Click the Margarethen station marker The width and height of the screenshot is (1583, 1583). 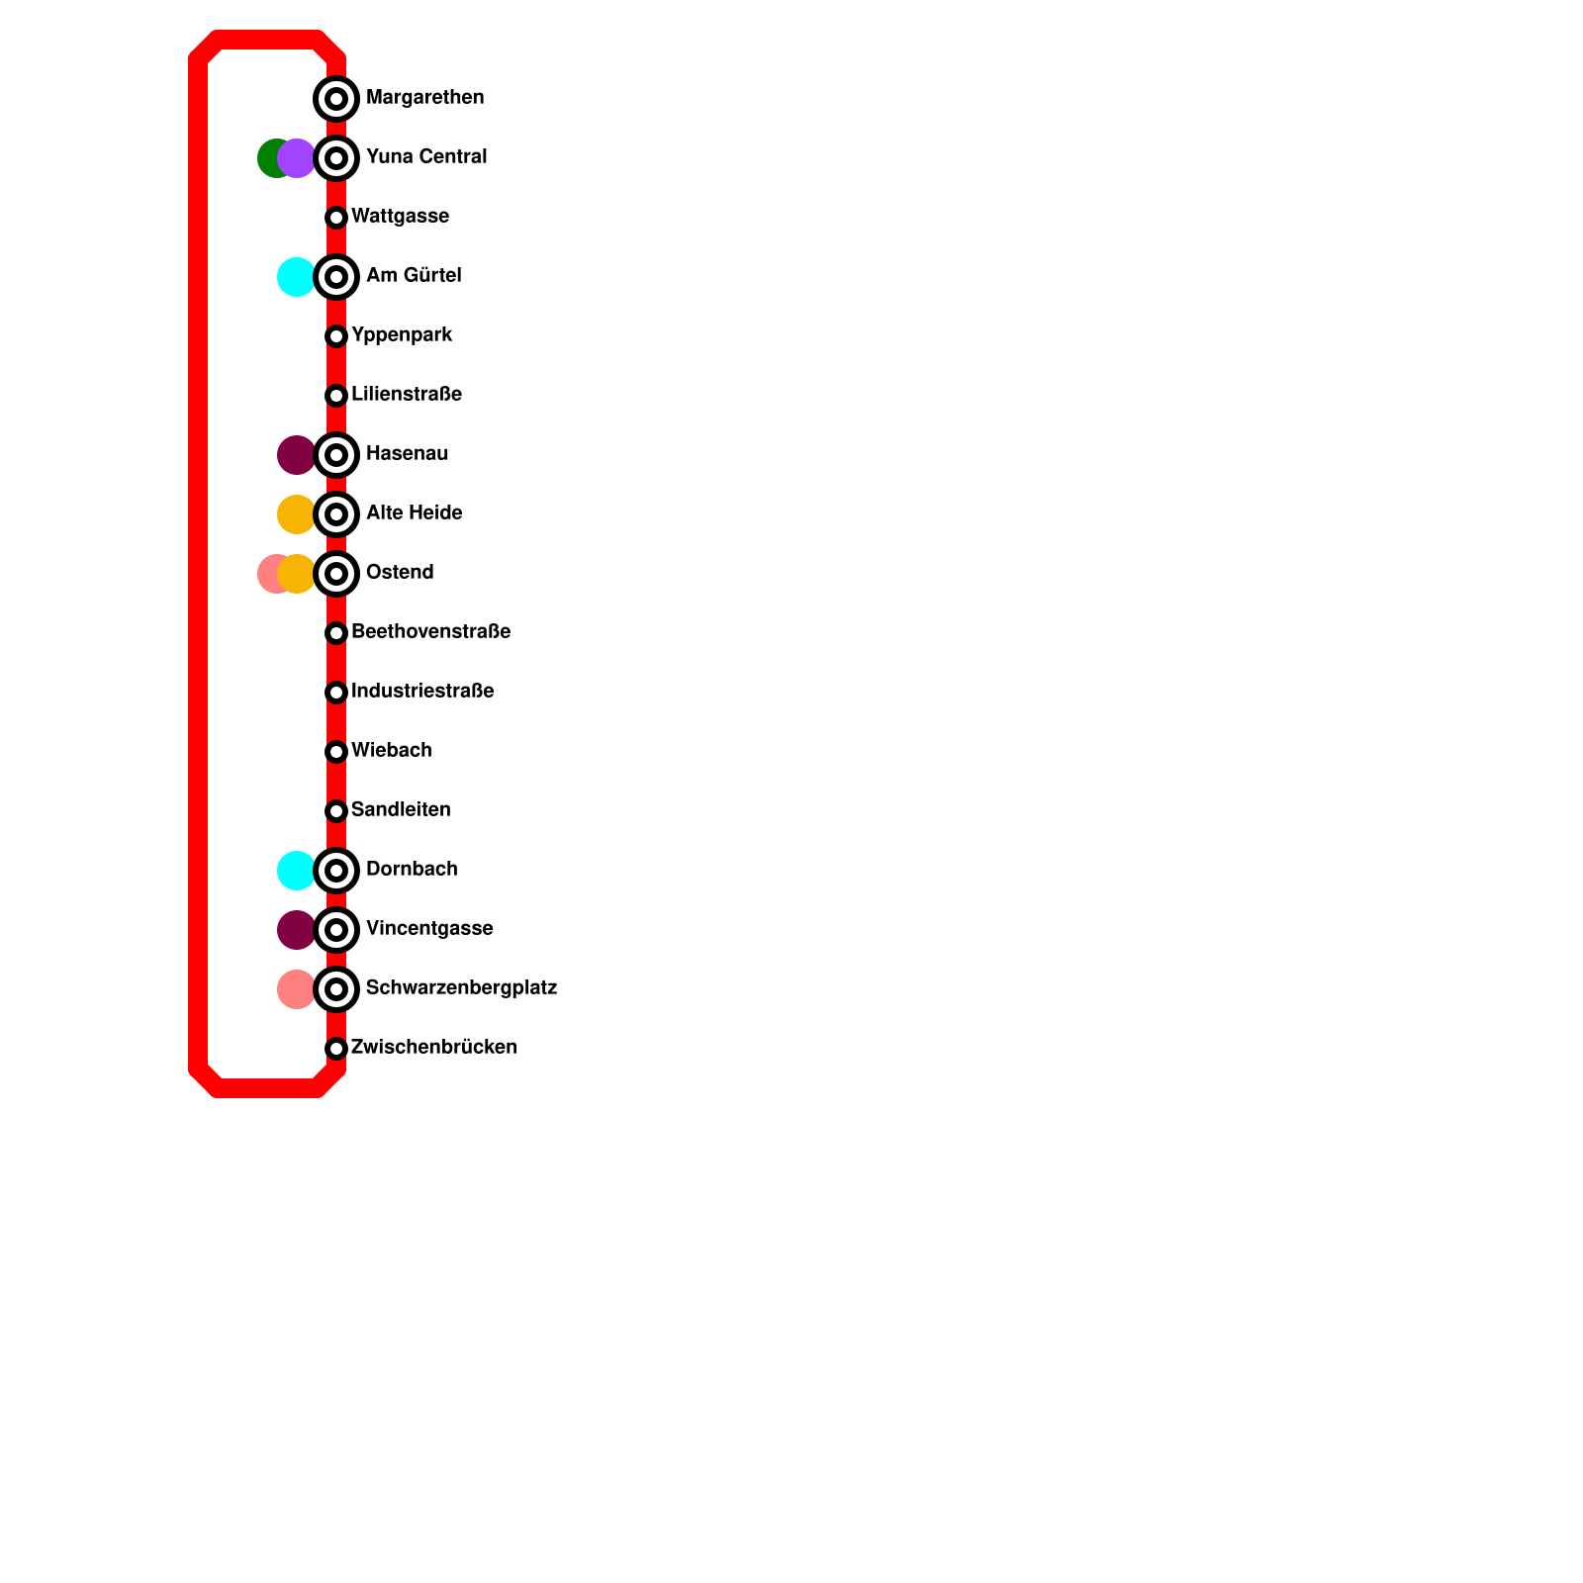336,99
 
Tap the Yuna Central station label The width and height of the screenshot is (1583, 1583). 425,157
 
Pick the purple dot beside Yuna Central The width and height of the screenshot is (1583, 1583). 297,158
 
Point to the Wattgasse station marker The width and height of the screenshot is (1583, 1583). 336,218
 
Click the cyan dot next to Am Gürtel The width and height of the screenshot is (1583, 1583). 296,277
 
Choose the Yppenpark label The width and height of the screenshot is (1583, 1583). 401,335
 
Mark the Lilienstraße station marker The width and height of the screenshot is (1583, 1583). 336,396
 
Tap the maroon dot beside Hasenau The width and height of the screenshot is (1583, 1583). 296,455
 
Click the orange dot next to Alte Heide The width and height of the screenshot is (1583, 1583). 296,514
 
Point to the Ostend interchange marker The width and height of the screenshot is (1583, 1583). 336,574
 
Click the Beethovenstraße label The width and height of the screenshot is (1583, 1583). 430,632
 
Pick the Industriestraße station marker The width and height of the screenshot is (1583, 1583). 336,693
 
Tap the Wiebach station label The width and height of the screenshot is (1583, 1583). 391,751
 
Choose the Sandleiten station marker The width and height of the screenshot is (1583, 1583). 336,811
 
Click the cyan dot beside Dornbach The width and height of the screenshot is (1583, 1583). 296,871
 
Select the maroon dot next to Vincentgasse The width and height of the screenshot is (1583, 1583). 296,930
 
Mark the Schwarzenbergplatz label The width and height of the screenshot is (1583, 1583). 461,988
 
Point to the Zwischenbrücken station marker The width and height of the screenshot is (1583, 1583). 336,1049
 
